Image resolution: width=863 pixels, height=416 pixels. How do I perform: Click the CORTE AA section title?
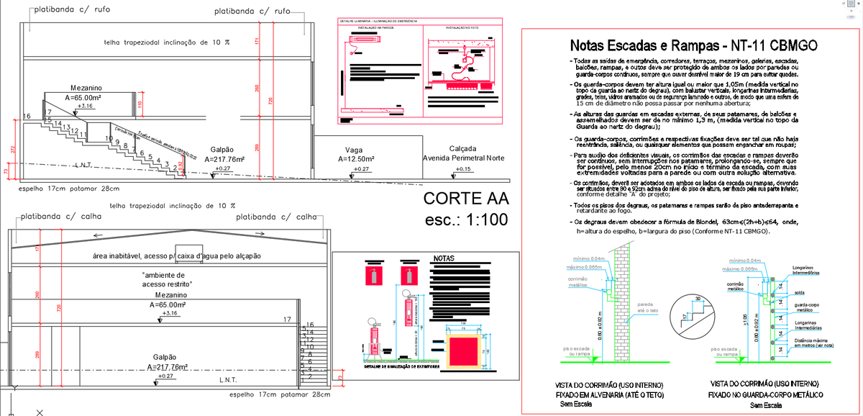point(465,199)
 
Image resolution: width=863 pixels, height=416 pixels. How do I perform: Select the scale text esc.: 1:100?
point(465,220)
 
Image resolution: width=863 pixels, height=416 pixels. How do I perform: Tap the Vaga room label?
point(354,150)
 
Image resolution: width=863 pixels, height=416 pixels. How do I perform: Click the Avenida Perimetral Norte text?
point(464,158)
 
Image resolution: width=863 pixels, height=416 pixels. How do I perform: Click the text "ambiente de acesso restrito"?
point(164,279)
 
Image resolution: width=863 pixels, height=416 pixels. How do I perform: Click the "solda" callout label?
point(800,292)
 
